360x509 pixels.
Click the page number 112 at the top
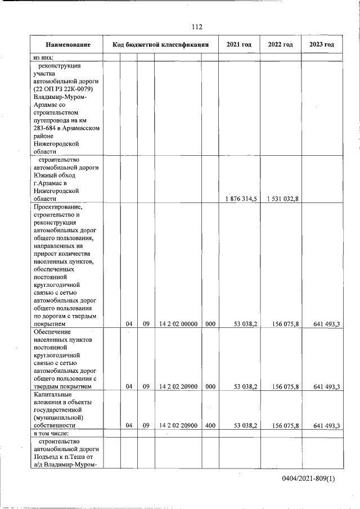(x=197, y=27)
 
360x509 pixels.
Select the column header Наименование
(x=68, y=45)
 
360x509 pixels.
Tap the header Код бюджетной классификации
(x=161, y=45)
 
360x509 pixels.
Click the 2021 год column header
(x=239, y=45)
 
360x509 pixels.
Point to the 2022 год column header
(x=280, y=45)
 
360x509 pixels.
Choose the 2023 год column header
(x=322, y=45)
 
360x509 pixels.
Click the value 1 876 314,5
(x=241, y=199)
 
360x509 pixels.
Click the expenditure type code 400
(x=210, y=426)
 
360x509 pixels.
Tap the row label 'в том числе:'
(x=51, y=434)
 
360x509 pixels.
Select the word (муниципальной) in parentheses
(x=58, y=418)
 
